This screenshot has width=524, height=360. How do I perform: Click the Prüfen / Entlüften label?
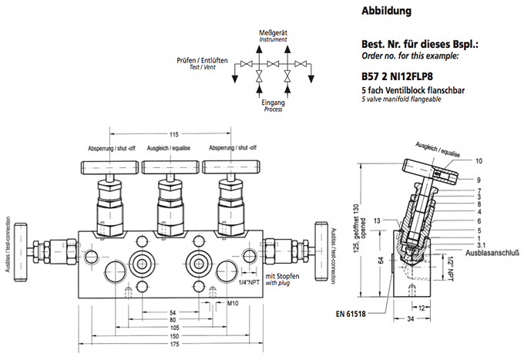tap(202, 59)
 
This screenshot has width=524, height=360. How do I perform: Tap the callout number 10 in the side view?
tap(479, 161)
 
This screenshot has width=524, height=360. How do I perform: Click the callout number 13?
tap(377, 220)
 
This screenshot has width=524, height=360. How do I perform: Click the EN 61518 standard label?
tap(352, 313)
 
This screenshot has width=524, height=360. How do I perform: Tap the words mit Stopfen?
tap(282, 276)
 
